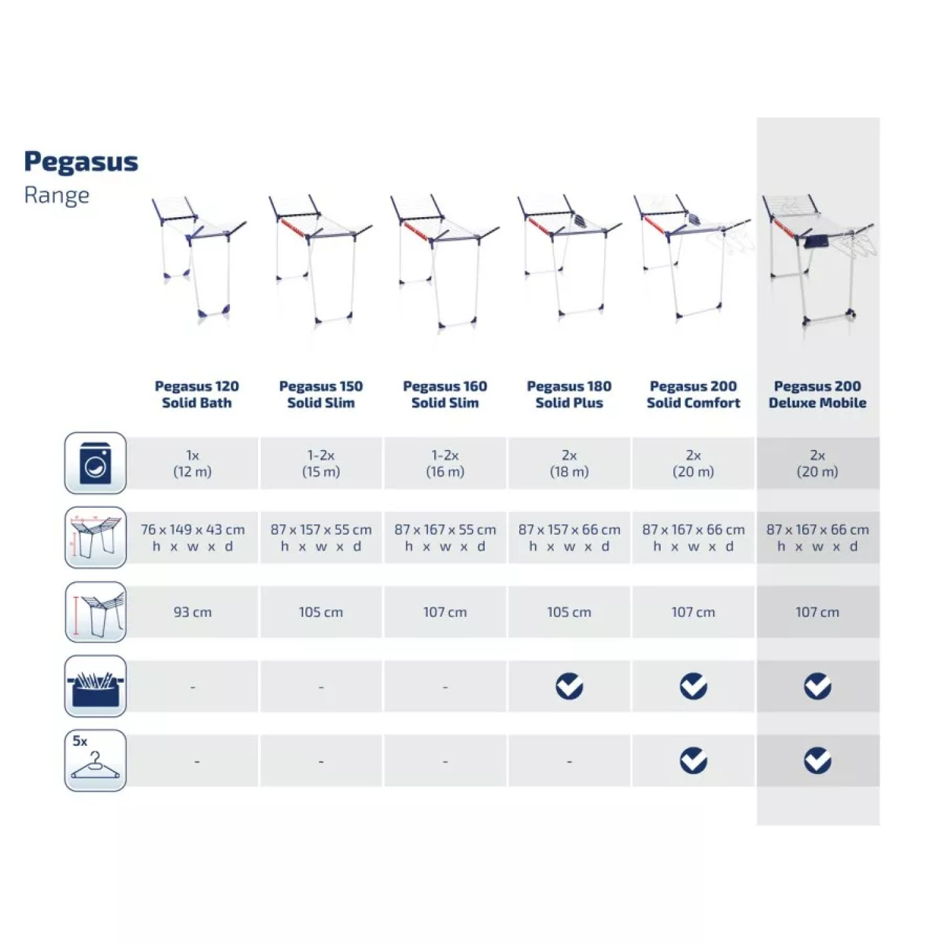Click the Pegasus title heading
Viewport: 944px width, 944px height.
point(81,162)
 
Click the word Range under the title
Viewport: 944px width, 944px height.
point(57,196)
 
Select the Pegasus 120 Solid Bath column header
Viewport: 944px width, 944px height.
point(197,395)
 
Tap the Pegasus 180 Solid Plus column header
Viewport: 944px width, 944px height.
point(569,395)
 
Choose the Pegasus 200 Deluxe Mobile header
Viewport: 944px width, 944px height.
point(818,395)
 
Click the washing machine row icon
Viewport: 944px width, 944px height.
point(96,463)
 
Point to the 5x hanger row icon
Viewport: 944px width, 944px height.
point(96,760)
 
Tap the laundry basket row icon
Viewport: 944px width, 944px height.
point(96,686)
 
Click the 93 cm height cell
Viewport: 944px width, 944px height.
point(193,612)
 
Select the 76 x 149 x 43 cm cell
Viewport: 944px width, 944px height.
point(193,537)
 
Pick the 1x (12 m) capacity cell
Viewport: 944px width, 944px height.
point(193,463)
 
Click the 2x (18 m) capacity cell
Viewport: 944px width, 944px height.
point(569,463)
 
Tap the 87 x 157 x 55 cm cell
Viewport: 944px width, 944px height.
point(321,537)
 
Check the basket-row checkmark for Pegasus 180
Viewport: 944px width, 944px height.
point(569,687)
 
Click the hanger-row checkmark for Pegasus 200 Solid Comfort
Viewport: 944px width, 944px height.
point(693,761)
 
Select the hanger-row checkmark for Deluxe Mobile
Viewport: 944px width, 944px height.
point(818,761)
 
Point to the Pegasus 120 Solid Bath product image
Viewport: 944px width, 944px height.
point(198,258)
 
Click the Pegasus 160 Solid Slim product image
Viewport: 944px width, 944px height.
point(444,261)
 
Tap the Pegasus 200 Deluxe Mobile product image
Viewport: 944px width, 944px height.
point(818,261)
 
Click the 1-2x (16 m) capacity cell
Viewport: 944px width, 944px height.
point(445,463)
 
